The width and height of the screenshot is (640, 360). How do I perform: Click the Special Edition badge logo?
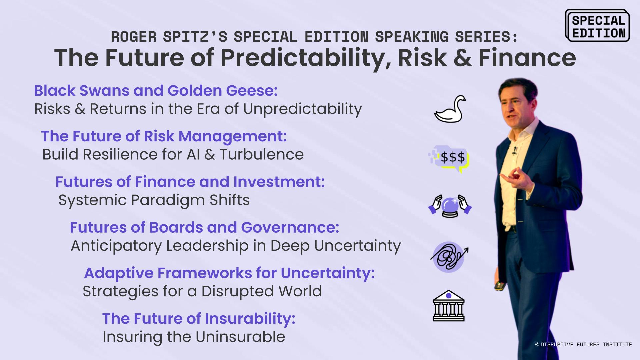[597, 26]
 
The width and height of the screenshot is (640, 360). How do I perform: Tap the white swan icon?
[450, 109]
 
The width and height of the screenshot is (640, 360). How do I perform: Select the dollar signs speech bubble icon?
[449, 159]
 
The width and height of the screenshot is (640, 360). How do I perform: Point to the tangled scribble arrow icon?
[449, 257]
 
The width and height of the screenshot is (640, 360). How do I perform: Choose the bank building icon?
[449, 306]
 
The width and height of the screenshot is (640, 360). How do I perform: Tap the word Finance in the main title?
[527, 58]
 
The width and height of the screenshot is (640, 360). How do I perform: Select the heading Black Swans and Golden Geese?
[156, 91]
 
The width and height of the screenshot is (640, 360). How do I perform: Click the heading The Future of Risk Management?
[164, 136]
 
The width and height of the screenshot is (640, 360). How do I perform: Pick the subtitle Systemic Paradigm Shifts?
[154, 200]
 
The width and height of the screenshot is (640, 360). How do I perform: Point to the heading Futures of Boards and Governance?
[204, 227]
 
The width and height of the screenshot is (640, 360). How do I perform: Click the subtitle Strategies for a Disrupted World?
[202, 291]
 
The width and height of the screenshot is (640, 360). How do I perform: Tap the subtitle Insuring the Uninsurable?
[194, 337]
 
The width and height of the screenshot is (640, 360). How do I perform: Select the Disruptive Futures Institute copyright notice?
[583, 344]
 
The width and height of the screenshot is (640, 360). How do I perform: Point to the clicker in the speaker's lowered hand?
[499, 286]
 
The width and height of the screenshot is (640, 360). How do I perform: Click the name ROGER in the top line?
[134, 37]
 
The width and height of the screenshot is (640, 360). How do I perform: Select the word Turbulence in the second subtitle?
[262, 154]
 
